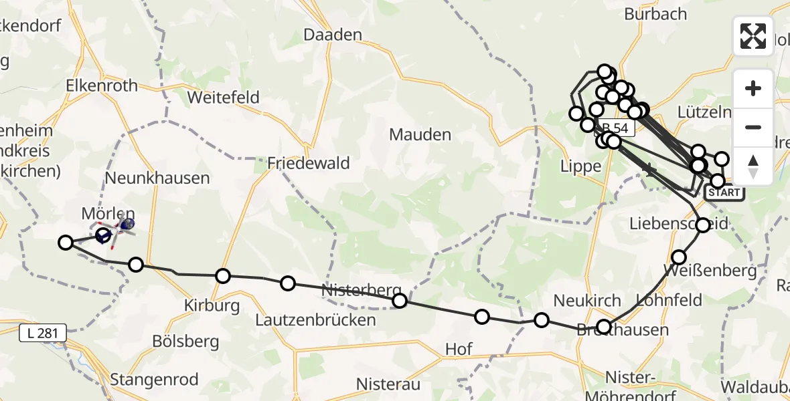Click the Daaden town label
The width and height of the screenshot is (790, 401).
[x=333, y=35]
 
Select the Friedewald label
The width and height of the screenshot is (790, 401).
[x=299, y=162]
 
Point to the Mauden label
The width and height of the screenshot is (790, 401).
[x=420, y=135]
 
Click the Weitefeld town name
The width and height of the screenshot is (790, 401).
[x=223, y=97]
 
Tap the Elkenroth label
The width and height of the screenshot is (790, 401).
[x=102, y=86]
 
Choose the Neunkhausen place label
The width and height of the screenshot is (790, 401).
[x=157, y=178]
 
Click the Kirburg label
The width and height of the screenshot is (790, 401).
[x=212, y=306]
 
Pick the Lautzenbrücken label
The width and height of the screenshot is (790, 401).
[x=315, y=320]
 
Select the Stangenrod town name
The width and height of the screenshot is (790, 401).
[x=154, y=380]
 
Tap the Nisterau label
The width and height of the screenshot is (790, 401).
[x=388, y=384]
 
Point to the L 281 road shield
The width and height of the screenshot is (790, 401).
[x=43, y=332]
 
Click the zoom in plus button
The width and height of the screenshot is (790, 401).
[x=753, y=88]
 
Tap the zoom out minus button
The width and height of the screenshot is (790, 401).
[x=753, y=127]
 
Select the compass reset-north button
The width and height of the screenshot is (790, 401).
[x=753, y=166]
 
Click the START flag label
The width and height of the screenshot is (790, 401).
[x=724, y=192]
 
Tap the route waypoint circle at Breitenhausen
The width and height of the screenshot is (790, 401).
[x=604, y=326]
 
